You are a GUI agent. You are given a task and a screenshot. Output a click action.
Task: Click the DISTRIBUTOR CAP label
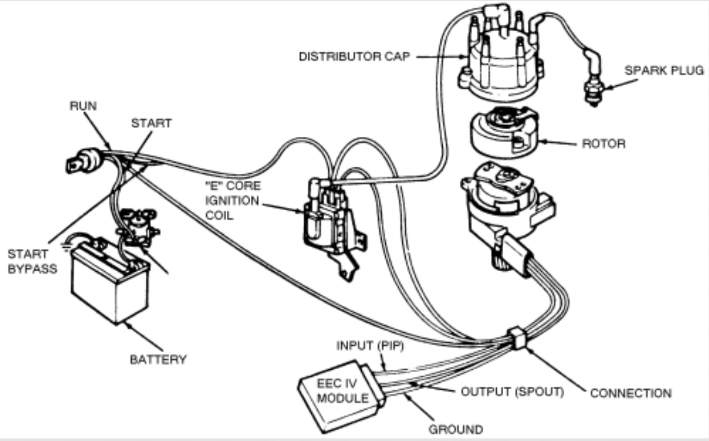click(354, 56)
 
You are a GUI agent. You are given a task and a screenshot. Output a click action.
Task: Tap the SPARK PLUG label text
click(664, 71)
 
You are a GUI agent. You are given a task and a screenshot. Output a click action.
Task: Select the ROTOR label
click(603, 144)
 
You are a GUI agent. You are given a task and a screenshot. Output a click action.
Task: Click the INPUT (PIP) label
click(370, 346)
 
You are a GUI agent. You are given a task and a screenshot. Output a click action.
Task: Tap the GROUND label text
click(456, 429)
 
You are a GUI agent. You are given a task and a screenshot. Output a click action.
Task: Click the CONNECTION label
click(631, 393)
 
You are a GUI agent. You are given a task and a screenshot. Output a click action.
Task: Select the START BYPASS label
click(32, 261)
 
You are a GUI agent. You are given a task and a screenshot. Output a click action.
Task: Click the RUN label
click(83, 106)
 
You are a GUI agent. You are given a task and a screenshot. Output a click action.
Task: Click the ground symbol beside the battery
click(66, 246)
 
